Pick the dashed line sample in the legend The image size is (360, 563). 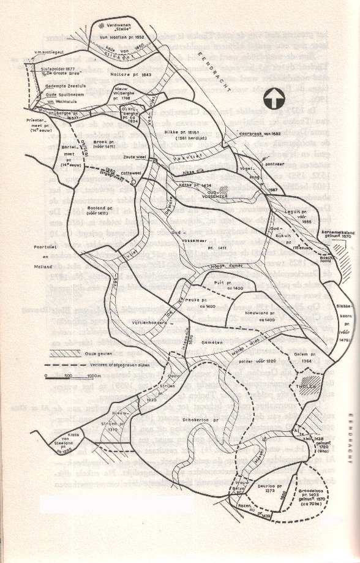click(61, 366)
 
